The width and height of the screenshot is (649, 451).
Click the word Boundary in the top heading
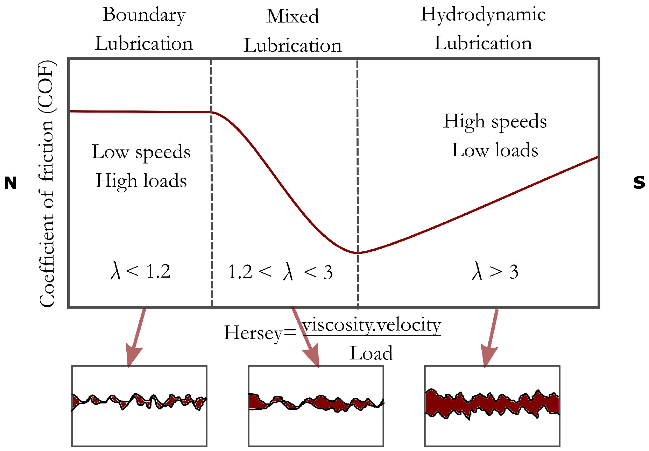click(x=144, y=15)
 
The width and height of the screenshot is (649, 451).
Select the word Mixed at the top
click(x=292, y=16)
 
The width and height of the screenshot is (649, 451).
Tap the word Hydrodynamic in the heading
click(x=483, y=15)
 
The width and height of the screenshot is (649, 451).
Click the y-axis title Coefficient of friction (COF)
click(x=47, y=184)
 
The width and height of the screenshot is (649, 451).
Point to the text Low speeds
click(x=141, y=152)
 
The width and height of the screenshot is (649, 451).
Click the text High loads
click(x=141, y=181)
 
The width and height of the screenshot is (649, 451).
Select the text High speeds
click(x=495, y=122)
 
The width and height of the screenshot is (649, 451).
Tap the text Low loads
click(x=495, y=150)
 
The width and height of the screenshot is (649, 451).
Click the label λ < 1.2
click(x=141, y=271)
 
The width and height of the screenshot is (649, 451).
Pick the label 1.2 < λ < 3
click(x=280, y=272)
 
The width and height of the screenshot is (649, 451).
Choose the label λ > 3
click(x=495, y=271)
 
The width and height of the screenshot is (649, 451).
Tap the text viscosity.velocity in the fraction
click(x=371, y=325)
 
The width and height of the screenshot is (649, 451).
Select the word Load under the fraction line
click(x=371, y=353)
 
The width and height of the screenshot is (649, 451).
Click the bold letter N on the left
click(x=10, y=183)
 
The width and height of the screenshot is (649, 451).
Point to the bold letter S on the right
click(x=639, y=183)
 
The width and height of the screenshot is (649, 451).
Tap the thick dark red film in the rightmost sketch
click(x=492, y=404)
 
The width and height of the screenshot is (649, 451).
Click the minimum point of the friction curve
click(x=357, y=252)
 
